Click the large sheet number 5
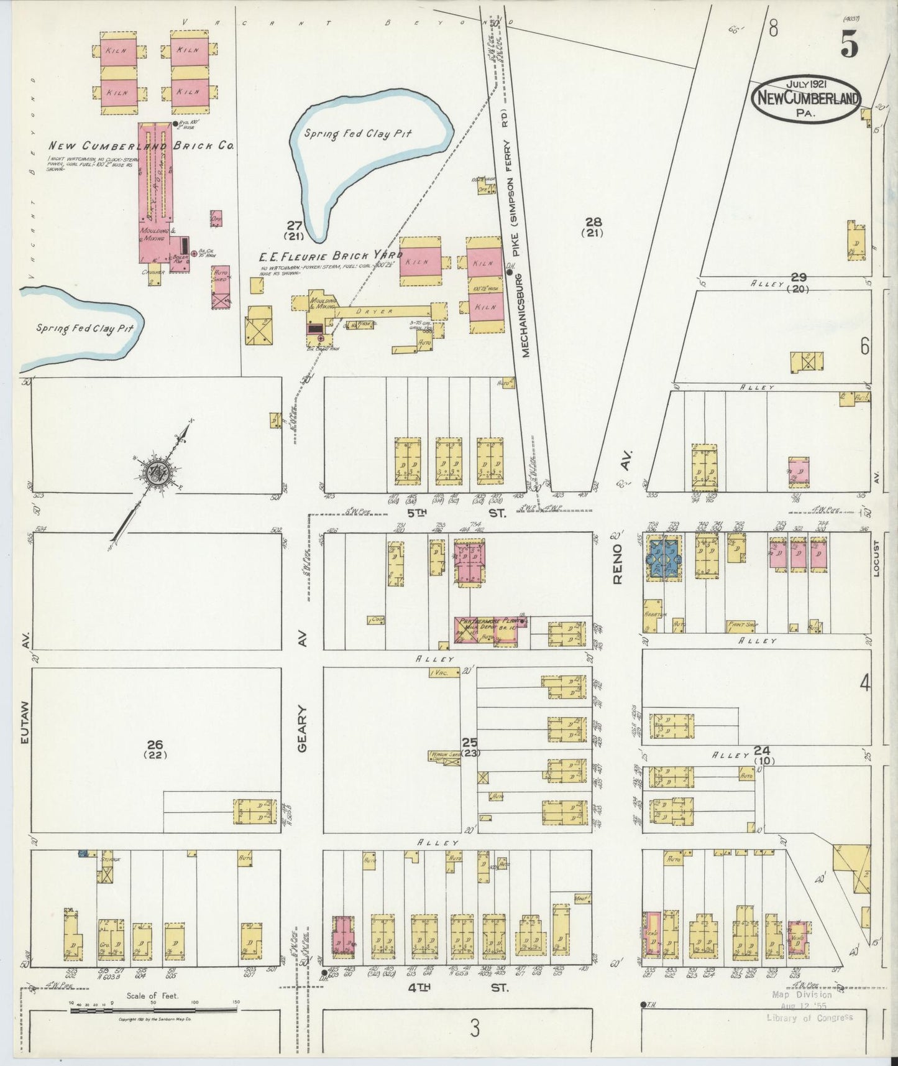[850, 44]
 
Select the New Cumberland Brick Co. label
[141, 146]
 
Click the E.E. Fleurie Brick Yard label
[331, 255]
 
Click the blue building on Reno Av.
[664, 557]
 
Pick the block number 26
[155, 744]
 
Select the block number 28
[593, 223]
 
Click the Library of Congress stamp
[809, 1017]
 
